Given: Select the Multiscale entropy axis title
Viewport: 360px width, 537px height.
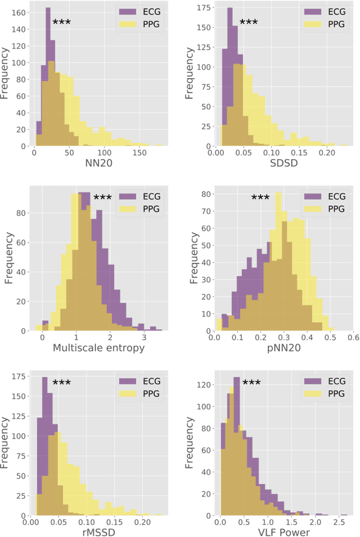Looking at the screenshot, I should tap(98, 348).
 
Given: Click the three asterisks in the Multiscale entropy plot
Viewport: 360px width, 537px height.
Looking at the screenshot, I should tap(103, 197).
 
